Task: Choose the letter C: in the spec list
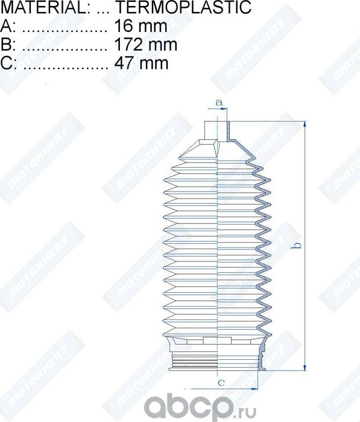tap(8, 62)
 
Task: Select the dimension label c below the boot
tap(221, 382)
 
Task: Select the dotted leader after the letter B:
tap(66, 46)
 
